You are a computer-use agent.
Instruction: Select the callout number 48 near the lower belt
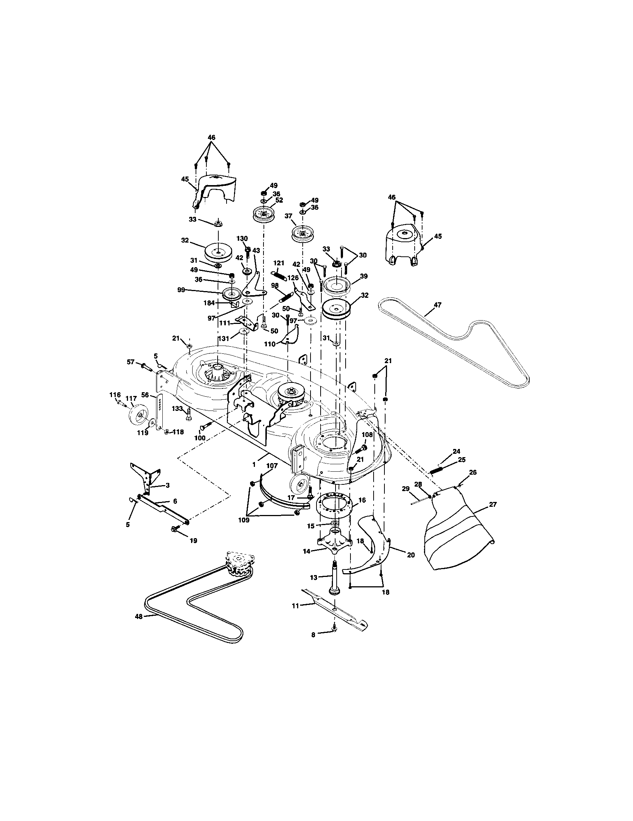tap(139, 616)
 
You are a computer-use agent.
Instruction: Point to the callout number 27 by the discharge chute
tap(493, 505)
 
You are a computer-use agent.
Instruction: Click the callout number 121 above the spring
tap(279, 263)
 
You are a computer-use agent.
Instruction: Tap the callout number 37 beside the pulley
tap(288, 216)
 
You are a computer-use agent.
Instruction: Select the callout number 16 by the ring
tap(362, 500)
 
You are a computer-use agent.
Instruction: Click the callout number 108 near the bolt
tap(367, 435)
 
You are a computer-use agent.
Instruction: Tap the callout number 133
tap(177, 409)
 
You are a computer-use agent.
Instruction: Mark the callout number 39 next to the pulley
tap(363, 276)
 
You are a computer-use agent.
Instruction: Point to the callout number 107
tap(272, 466)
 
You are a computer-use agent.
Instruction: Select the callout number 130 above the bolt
tap(242, 239)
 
